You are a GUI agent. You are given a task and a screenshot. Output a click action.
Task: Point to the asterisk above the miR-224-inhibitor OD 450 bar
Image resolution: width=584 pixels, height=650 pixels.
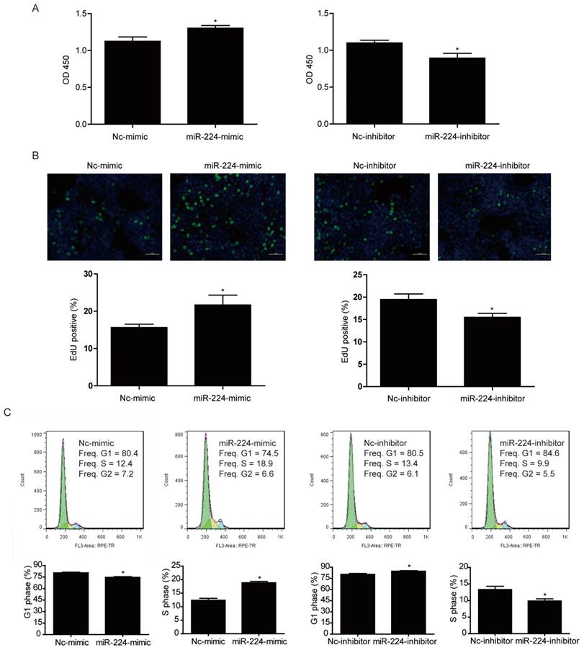(x=456, y=50)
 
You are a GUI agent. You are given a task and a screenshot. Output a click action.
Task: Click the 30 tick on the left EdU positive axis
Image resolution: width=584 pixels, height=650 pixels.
(x=90, y=275)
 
